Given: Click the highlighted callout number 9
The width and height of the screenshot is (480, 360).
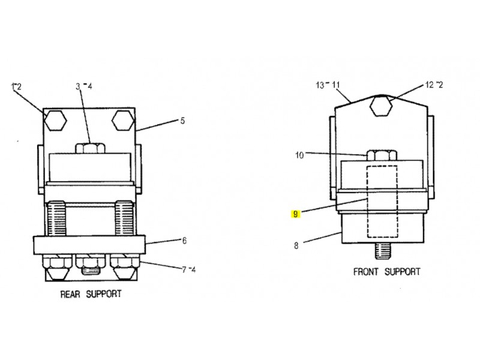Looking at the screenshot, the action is coord(295,214).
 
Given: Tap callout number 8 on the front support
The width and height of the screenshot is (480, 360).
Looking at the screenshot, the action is coord(296,245).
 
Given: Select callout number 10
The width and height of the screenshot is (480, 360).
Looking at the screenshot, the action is coord(299,155).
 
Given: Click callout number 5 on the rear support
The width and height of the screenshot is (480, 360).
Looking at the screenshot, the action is coord(182,121).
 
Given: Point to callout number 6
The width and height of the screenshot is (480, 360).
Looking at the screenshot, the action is coord(184,241).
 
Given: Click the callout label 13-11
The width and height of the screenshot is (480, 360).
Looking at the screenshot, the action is coord(328,85).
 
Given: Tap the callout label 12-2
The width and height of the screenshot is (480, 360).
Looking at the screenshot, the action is coord(434,85).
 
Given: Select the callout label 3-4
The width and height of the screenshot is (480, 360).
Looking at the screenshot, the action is coord(83,86).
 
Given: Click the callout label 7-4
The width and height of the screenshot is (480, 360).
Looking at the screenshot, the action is coord(188,269).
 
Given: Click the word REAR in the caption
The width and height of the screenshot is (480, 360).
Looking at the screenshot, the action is coord(70,295).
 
